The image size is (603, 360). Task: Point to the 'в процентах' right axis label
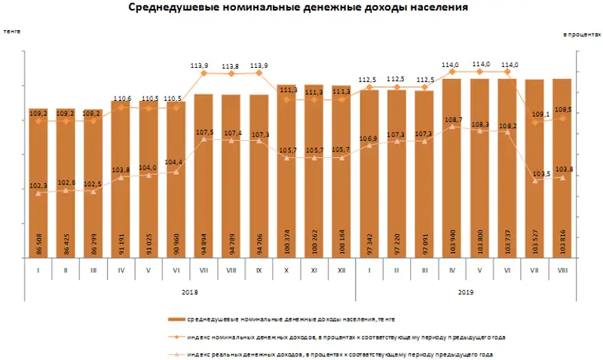click(x=582, y=34)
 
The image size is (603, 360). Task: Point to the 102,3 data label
click(x=39, y=186)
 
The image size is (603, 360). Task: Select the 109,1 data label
click(x=533, y=114)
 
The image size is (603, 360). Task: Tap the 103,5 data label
click(x=534, y=174)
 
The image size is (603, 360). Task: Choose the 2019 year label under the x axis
click(x=466, y=292)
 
